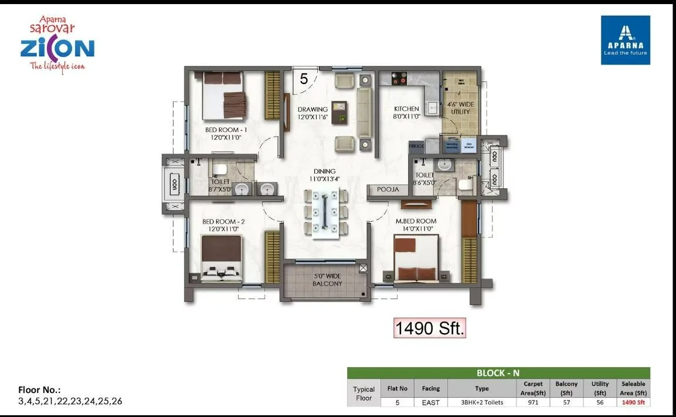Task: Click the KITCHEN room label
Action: pyautogui.click(x=406, y=109)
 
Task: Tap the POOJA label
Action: pyautogui.click(x=388, y=189)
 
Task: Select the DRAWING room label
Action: pyautogui.click(x=312, y=110)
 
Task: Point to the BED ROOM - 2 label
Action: pyautogui.click(x=223, y=222)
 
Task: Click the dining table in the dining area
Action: pyautogui.click(x=325, y=213)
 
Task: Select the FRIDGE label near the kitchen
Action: pyautogui.click(x=416, y=146)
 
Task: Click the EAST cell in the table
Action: pyautogui.click(x=430, y=402)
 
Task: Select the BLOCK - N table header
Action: pyautogui.click(x=498, y=372)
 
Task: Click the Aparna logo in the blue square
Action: pyautogui.click(x=626, y=40)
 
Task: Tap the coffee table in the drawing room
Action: pyautogui.click(x=339, y=112)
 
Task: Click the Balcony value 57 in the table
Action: pyautogui.click(x=566, y=402)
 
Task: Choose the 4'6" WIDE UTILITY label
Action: pyautogui.click(x=460, y=107)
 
